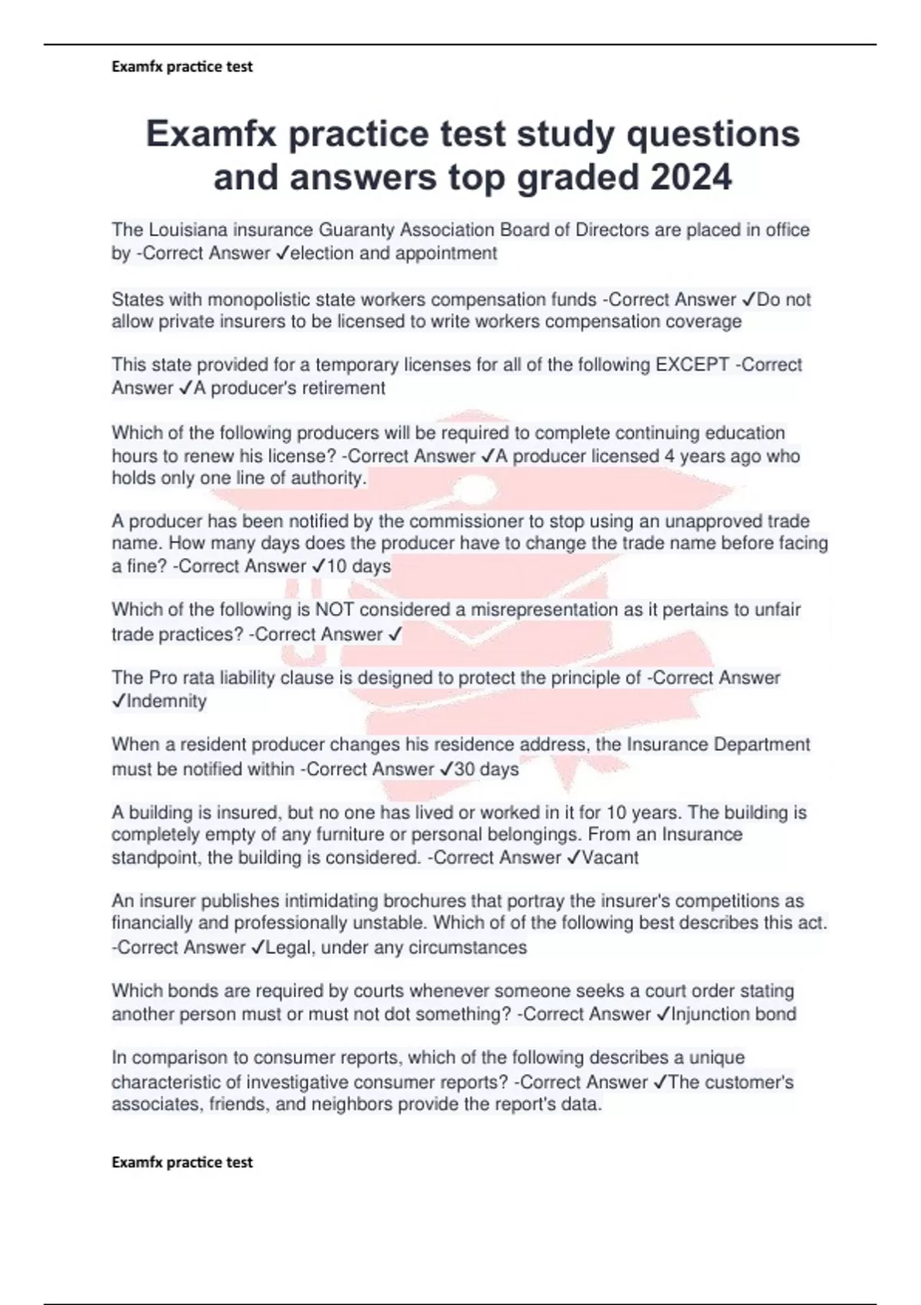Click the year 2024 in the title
(x=691, y=177)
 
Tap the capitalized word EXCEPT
(x=692, y=365)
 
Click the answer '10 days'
(x=359, y=567)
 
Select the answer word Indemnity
(x=167, y=701)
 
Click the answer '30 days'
(x=487, y=768)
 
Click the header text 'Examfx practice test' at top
(x=182, y=67)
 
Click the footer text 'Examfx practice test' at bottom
(x=182, y=1162)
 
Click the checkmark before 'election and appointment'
(x=282, y=253)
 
